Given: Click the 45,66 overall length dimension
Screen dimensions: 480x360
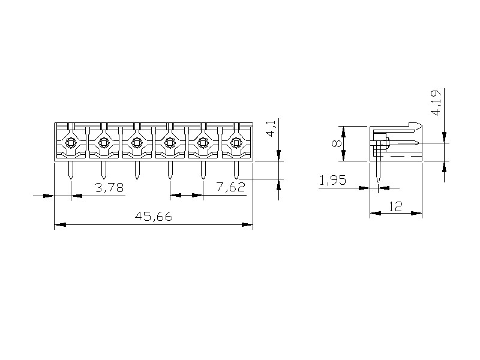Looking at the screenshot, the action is tap(154, 217).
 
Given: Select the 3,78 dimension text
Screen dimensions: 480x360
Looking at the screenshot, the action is tap(109, 187).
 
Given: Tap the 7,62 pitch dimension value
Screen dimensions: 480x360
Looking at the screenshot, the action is tap(231, 187).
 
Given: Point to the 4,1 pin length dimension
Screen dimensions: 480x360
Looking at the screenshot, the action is tap(272, 128).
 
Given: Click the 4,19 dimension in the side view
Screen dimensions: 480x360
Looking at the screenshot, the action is tap(436, 103).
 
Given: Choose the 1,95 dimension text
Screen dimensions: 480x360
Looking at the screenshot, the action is tap(333, 181).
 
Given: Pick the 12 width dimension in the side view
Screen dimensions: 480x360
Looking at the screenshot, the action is tap(396, 206).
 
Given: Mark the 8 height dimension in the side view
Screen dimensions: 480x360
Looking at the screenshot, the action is tap(336, 143).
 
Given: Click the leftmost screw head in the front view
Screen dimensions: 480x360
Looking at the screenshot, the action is tap(71, 142).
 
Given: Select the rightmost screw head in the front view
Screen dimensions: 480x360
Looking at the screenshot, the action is tap(236, 142).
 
